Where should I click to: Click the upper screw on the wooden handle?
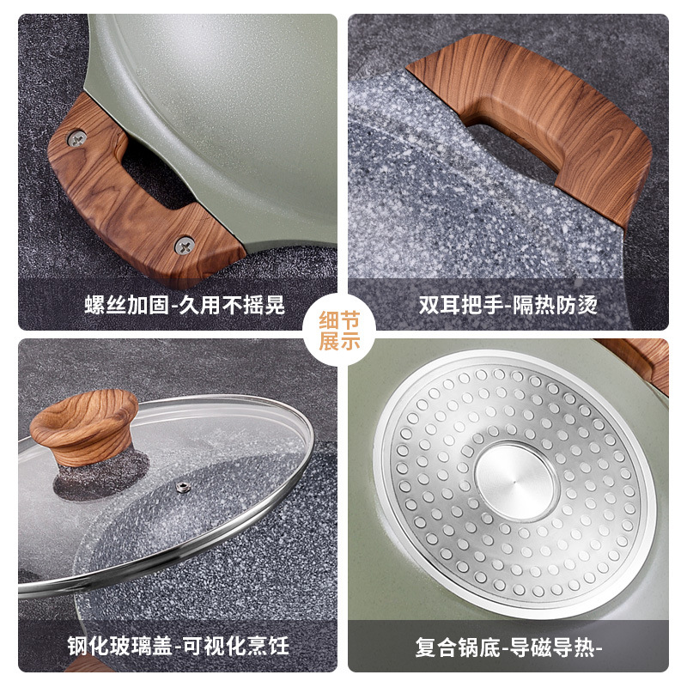point(76,138)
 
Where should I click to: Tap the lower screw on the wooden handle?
point(185,246)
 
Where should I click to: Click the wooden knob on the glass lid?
point(84,426)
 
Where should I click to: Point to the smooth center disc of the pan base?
point(515,482)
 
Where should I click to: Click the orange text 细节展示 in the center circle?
point(339,331)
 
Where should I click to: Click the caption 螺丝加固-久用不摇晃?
point(185,305)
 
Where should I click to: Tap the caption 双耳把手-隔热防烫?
point(508,305)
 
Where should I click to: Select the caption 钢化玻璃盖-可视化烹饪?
point(179,646)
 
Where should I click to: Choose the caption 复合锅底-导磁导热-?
point(508,647)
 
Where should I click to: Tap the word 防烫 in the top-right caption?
point(576,305)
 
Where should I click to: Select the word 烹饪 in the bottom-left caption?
point(268,646)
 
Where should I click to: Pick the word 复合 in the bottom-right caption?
point(436,647)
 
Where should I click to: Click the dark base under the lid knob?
point(100,476)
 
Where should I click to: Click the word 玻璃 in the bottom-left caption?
point(131,646)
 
